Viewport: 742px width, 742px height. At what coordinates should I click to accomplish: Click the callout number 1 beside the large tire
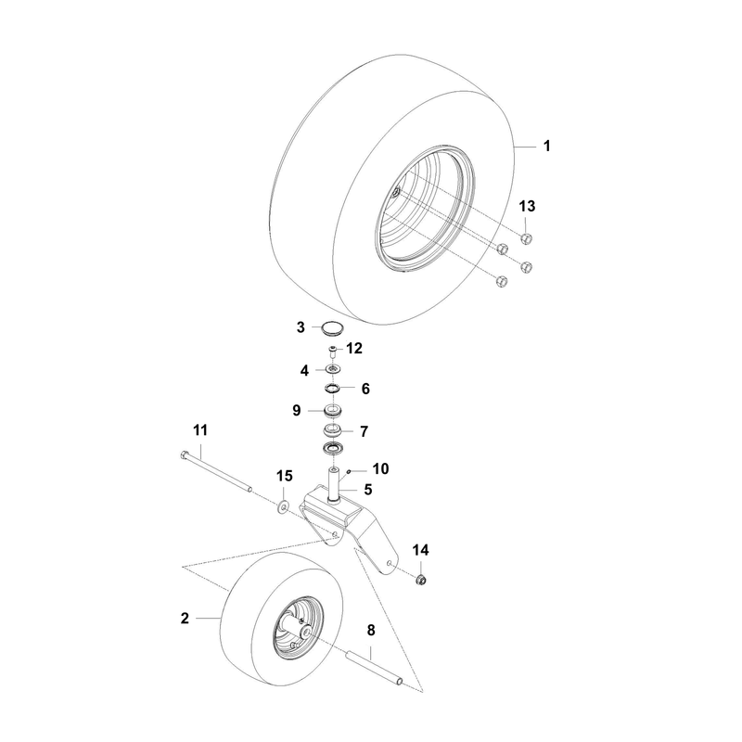click(547, 146)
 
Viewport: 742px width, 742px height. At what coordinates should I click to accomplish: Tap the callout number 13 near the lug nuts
click(527, 206)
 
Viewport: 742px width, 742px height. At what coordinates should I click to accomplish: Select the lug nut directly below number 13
click(526, 238)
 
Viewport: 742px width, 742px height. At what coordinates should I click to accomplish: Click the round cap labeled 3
click(332, 327)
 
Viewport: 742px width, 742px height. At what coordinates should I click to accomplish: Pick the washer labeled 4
click(333, 369)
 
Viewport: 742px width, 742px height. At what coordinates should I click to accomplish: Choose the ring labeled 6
click(333, 389)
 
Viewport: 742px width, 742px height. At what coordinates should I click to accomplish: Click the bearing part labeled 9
click(333, 411)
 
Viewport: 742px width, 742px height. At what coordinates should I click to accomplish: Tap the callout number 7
click(364, 431)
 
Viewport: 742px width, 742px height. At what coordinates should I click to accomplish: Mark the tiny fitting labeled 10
click(349, 471)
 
